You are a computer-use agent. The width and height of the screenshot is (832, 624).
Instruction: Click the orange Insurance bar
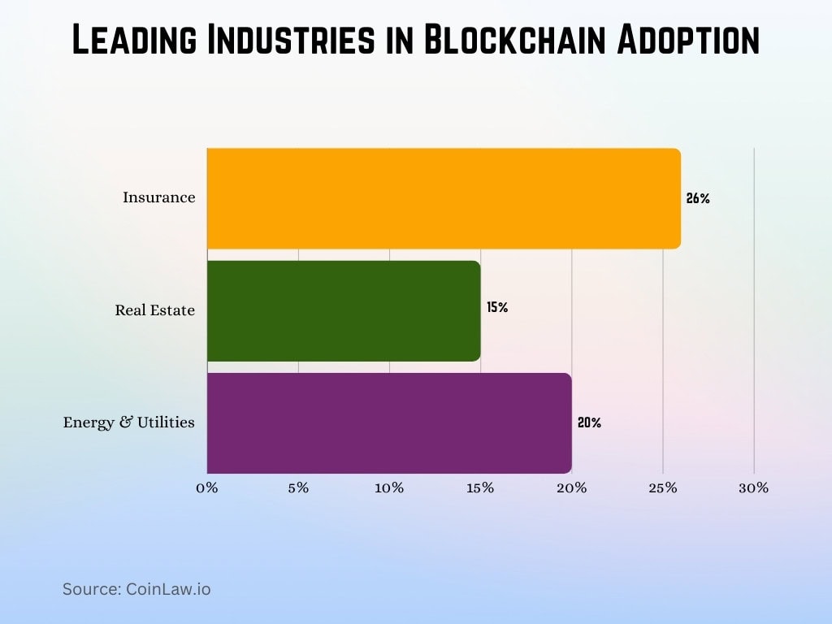pos(444,198)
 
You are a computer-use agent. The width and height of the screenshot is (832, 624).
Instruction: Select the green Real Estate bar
pos(344,310)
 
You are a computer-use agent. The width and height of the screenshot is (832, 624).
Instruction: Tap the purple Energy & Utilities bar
pos(389,422)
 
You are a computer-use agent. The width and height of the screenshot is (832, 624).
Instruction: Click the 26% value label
pos(698,198)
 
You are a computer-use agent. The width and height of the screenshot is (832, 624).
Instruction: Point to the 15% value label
pos(497,307)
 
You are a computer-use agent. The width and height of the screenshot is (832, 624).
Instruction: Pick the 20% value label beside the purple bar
pos(589,422)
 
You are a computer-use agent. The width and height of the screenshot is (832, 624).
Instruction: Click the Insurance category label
pos(158,197)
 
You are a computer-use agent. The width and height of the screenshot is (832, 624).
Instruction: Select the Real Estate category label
pos(154,310)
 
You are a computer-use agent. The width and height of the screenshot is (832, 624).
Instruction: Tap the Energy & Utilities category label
pos(128,422)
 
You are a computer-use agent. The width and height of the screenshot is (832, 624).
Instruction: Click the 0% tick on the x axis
pos(207,488)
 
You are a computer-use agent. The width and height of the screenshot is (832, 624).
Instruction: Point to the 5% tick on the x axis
pos(298,488)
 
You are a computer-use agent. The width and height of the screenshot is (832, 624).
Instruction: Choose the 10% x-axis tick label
pos(389,488)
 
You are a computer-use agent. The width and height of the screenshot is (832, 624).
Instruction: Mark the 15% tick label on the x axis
pos(480,488)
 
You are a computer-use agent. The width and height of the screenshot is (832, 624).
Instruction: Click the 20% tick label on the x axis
pos(572,488)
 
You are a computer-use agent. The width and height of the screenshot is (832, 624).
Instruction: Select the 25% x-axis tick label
pos(663,488)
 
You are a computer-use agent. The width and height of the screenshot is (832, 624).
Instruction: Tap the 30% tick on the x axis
pos(754,488)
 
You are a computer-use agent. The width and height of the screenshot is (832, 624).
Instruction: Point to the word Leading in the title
pos(133,41)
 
